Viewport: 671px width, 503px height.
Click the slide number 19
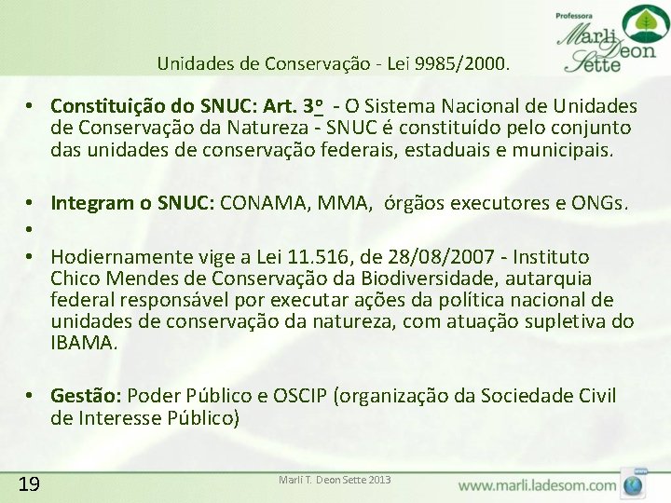(x=28, y=483)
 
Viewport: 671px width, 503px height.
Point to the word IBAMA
(x=84, y=343)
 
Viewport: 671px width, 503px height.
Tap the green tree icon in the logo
(x=639, y=22)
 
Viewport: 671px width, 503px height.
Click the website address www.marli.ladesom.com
(x=537, y=485)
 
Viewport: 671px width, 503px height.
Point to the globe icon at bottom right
(x=634, y=485)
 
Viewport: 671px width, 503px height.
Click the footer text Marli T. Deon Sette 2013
(x=335, y=480)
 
